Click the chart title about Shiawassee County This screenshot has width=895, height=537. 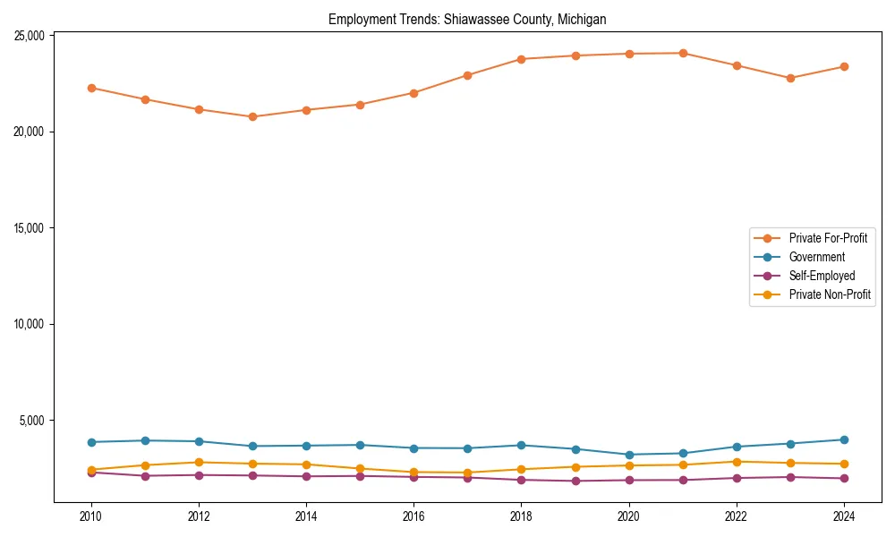tap(467, 19)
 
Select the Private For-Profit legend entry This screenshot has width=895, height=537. tap(828, 238)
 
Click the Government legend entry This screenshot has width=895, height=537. tap(816, 257)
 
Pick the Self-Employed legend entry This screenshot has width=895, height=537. tap(822, 276)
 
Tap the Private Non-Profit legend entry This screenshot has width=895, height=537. tap(830, 294)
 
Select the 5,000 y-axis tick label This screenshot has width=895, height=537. tap(33, 421)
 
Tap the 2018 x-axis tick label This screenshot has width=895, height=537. tap(521, 516)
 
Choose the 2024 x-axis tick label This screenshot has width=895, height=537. tap(844, 516)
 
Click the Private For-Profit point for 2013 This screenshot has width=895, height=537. tap(252, 116)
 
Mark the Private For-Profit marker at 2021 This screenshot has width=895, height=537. tap(683, 53)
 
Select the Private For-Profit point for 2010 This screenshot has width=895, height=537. tap(91, 88)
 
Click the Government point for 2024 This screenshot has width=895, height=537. tap(844, 439)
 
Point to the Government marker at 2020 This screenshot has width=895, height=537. tap(629, 455)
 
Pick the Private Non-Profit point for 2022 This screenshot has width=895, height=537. tap(737, 462)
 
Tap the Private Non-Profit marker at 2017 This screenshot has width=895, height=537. tap(467, 473)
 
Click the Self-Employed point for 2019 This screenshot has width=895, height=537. tap(575, 481)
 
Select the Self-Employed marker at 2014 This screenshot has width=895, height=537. tap(306, 476)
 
